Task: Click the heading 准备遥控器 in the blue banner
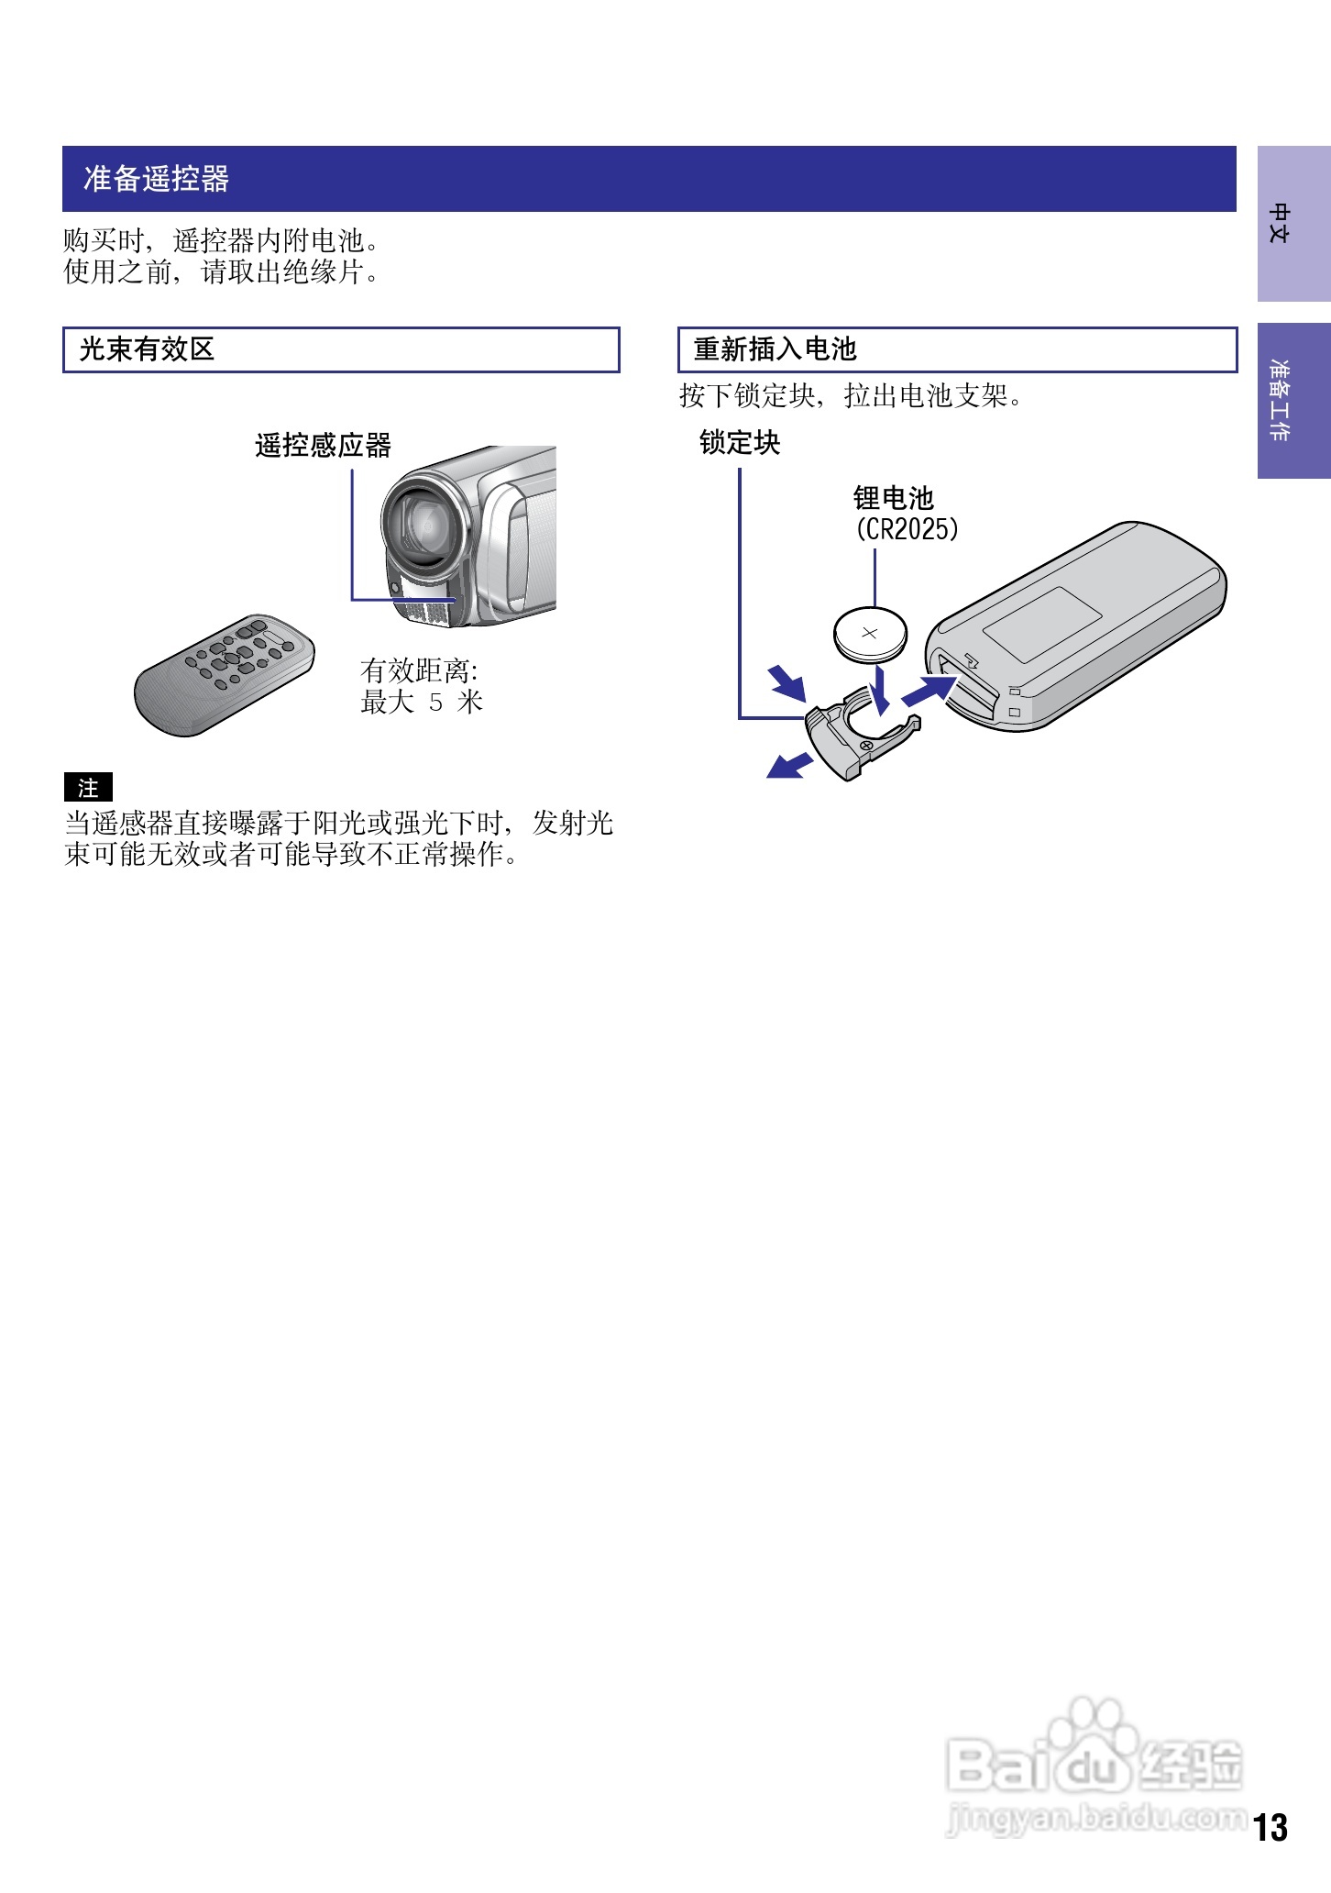[x=156, y=178]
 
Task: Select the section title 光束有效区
[x=147, y=349]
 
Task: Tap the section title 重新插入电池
[x=775, y=349]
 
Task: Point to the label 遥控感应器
[x=323, y=446]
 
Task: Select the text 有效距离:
[x=419, y=670]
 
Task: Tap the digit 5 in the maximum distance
[x=435, y=703]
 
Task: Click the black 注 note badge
[x=88, y=788]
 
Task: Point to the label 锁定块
[x=739, y=443]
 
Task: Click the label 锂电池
[x=893, y=498]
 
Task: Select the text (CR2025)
[x=907, y=529]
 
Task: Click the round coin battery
[x=869, y=633]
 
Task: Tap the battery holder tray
[x=857, y=734]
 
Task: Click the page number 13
[x=1270, y=1828]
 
